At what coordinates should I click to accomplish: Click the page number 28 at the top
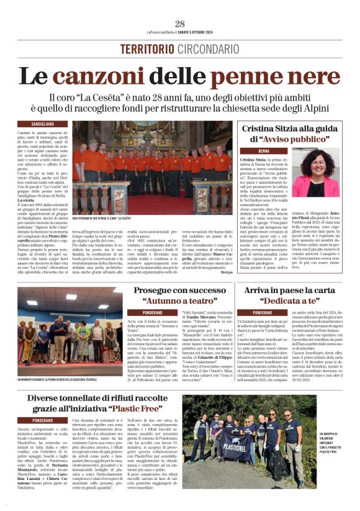coord(180,24)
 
